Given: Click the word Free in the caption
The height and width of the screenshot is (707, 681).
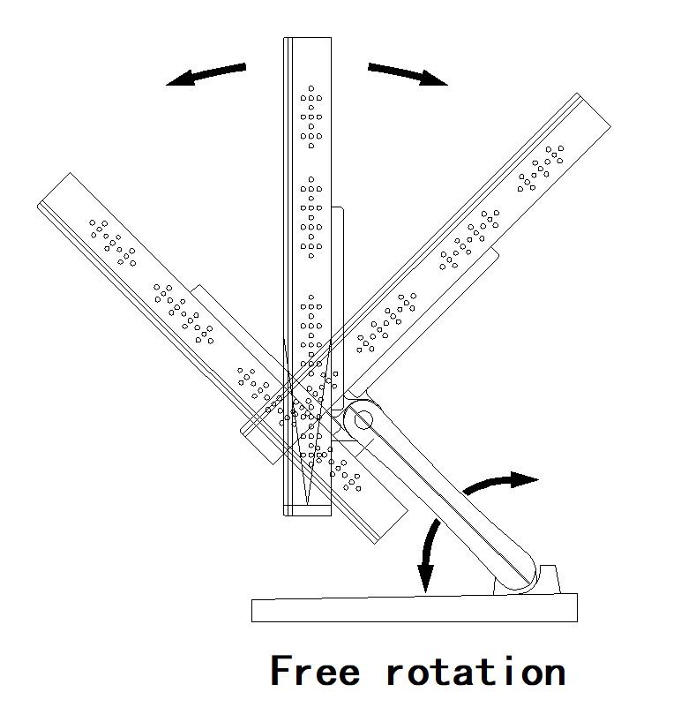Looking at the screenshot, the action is (x=315, y=671).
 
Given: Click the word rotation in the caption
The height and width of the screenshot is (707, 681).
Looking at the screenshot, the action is (x=476, y=672).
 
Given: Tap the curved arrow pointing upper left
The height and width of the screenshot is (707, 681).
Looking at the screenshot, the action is (x=206, y=74).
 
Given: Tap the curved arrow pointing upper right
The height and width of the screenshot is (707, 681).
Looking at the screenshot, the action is (x=408, y=74).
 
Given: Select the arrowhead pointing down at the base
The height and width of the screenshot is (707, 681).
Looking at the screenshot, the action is (x=425, y=577).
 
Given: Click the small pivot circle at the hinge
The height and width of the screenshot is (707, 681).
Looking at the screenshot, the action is (x=363, y=420).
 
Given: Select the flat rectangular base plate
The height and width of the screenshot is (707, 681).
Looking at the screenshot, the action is (x=415, y=608).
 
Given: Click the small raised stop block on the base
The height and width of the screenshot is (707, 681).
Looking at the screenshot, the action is (x=549, y=579).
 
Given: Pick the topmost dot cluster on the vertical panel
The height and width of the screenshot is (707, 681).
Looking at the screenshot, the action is (x=311, y=117).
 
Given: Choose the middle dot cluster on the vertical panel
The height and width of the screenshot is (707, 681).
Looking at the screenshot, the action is (x=311, y=217).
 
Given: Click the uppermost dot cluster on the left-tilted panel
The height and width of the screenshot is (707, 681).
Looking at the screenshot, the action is (x=113, y=243).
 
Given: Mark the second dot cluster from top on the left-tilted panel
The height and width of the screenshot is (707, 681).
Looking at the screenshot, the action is (x=183, y=313).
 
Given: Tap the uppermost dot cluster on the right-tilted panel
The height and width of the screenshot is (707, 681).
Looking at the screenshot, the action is (x=541, y=169).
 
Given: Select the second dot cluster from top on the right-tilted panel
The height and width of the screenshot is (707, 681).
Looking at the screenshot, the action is (x=469, y=239).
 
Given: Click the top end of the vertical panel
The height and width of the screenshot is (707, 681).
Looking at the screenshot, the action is (x=307, y=38).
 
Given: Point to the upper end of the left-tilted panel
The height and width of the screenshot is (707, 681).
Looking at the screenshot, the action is (x=54, y=190).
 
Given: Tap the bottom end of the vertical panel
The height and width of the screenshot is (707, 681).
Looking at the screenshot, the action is (x=307, y=515).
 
